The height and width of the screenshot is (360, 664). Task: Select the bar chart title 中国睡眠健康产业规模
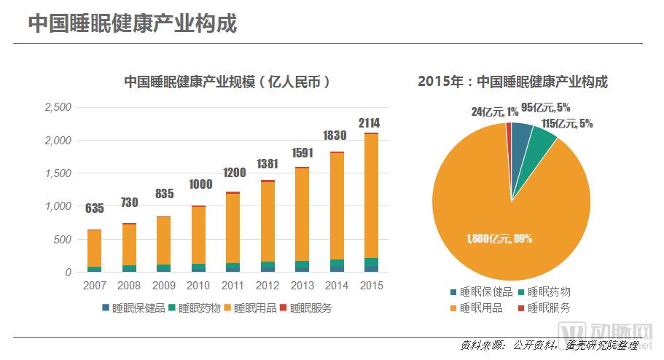coord(227,82)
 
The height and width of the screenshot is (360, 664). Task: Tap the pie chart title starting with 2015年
coord(512,82)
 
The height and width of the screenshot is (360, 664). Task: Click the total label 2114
coord(369,123)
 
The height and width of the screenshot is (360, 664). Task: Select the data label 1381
coord(267,163)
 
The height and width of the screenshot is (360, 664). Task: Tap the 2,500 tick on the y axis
coord(58,107)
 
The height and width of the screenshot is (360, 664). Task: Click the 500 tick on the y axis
coord(63,239)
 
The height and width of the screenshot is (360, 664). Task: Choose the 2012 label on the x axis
coord(267,286)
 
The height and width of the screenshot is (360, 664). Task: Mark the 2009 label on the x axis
coord(164,286)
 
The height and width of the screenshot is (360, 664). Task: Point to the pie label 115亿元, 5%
coord(567,124)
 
